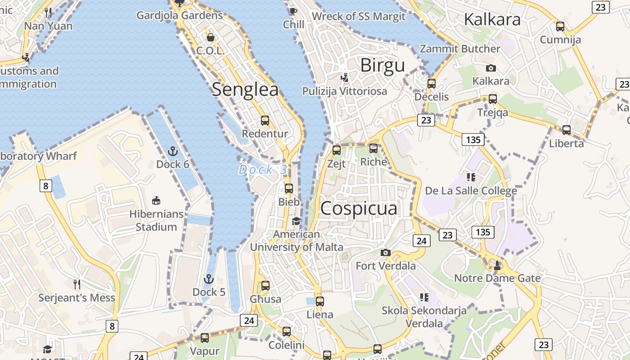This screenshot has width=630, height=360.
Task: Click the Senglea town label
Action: tap(245, 89)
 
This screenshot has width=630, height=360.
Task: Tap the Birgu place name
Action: tap(382, 66)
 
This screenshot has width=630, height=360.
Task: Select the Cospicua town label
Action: tap(359, 208)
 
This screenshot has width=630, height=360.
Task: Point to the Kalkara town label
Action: tap(492, 19)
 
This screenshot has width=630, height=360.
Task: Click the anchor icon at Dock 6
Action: tap(172, 151)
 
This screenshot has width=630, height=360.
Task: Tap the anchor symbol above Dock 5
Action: tap(208, 279)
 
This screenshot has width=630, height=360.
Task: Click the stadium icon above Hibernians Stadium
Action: tap(156, 200)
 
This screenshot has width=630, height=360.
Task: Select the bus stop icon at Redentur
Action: tap(265, 121)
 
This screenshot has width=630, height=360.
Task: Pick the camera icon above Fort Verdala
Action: tap(385, 253)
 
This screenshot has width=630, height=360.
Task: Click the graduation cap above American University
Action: tap(296, 221)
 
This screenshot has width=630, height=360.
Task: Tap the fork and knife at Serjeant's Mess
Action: tap(77, 284)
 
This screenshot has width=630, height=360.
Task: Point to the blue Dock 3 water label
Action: tap(262, 170)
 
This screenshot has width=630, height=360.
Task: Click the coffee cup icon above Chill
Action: tap(293, 11)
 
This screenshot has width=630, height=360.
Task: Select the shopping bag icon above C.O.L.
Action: tap(210, 37)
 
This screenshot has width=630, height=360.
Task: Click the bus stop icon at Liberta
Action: tap(567, 130)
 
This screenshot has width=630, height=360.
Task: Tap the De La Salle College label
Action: tap(471, 191)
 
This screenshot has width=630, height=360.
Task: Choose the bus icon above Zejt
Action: tap(337, 150)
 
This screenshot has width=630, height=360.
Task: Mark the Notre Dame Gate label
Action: tap(497, 278)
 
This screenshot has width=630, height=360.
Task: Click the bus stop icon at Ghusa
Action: tap(265, 285)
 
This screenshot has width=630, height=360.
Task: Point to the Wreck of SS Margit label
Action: tap(358, 17)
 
